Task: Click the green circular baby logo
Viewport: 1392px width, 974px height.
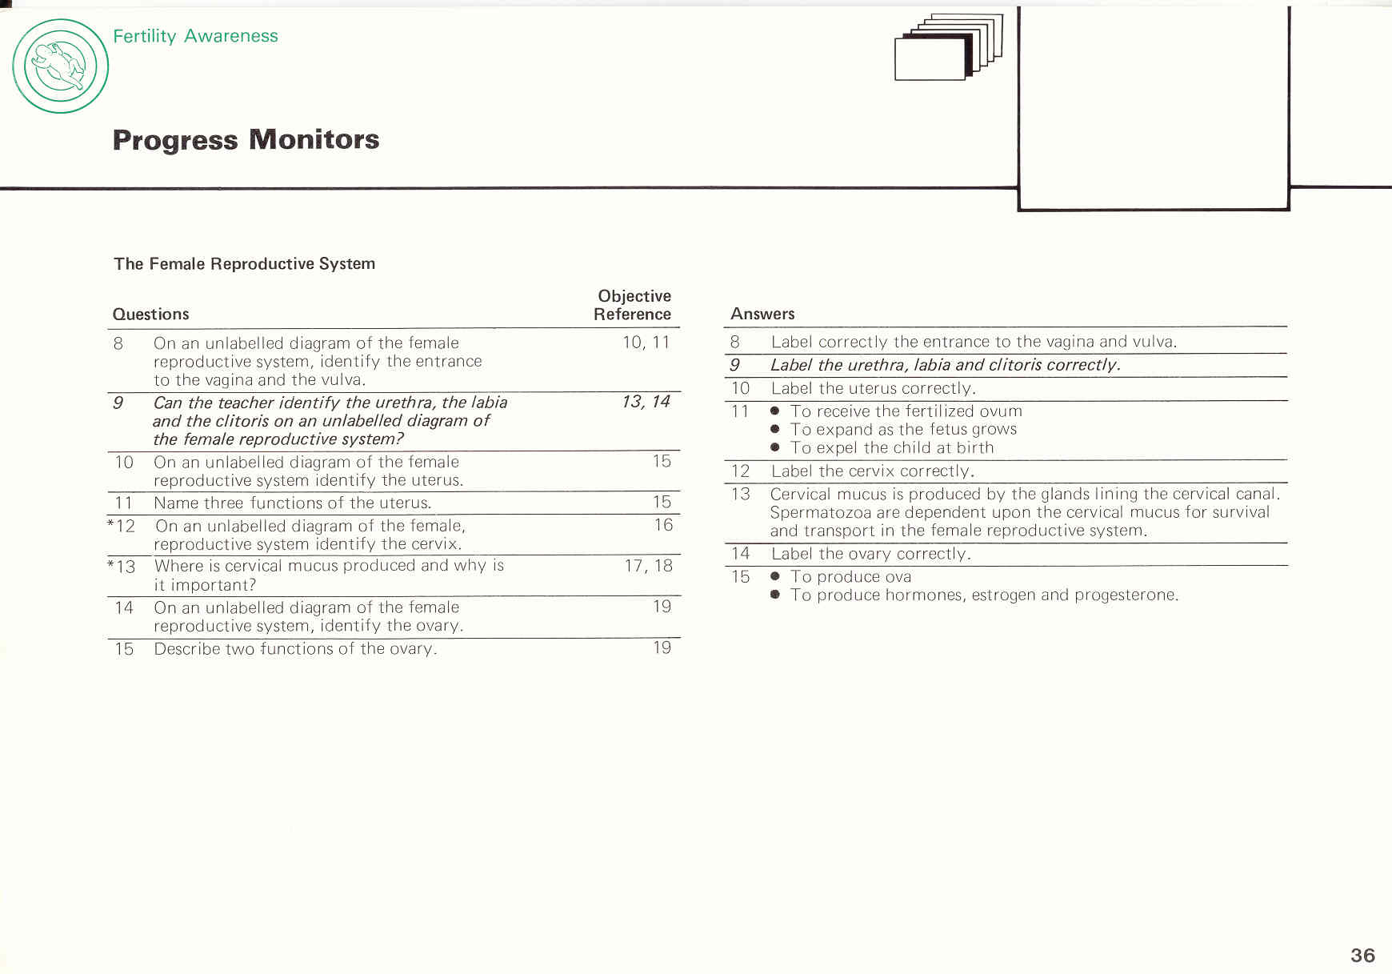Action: (x=61, y=66)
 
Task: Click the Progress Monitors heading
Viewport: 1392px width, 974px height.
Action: (x=246, y=140)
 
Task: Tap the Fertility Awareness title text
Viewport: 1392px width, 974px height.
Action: (x=195, y=36)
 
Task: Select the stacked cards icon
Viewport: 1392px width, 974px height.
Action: (x=948, y=47)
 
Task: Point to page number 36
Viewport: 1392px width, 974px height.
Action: (x=1362, y=955)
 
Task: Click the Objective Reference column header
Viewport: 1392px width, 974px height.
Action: (x=633, y=305)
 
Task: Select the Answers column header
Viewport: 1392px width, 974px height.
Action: (x=762, y=314)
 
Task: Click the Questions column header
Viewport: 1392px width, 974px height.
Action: (x=150, y=314)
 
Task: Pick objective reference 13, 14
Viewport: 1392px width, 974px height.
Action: (x=646, y=402)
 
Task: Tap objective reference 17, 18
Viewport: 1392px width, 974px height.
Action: (x=648, y=566)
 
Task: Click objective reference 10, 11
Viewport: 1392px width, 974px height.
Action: (x=646, y=343)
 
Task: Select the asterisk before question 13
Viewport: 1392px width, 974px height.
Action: (x=110, y=564)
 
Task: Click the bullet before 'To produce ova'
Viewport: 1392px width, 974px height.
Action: (x=774, y=576)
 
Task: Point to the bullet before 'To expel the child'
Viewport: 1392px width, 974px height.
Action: (x=774, y=447)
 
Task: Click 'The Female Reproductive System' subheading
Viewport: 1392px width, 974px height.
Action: (x=244, y=263)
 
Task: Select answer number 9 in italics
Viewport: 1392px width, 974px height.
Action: (x=734, y=365)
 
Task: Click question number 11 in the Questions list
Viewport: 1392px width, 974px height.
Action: (x=123, y=503)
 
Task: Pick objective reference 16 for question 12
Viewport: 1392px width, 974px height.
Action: (x=663, y=525)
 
